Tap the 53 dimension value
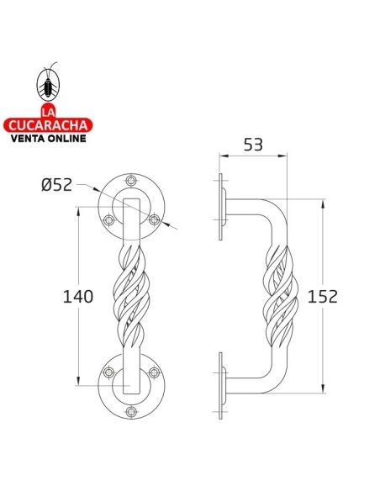(251, 145)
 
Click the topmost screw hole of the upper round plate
(129, 182)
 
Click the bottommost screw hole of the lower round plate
(129, 412)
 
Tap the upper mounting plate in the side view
(220, 206)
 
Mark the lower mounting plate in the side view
(220, 384)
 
